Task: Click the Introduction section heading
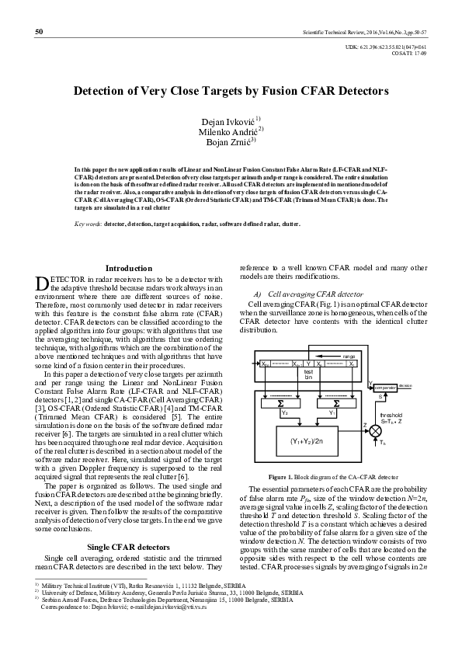point(129,268)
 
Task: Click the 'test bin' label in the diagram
point(308,375)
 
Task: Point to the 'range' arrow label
point(349,355)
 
